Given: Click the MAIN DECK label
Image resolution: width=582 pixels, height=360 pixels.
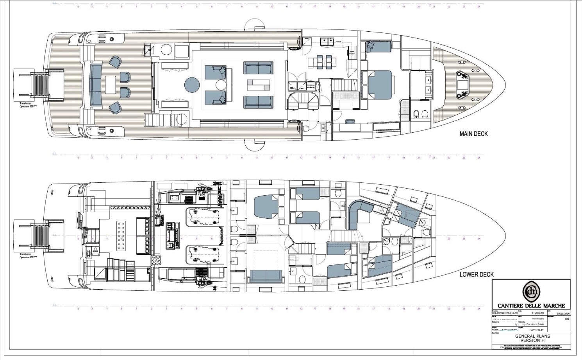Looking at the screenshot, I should coord(473,134).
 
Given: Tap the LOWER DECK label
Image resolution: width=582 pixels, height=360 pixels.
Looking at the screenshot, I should coord(476,274).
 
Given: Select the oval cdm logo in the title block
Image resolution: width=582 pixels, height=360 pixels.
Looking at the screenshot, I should coord(531,292).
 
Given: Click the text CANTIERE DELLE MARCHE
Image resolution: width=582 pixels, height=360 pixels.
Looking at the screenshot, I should coord(531,306).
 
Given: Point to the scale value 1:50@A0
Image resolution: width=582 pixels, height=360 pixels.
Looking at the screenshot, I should coord(537,313).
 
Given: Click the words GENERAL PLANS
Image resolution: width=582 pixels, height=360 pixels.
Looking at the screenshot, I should coord(532,336).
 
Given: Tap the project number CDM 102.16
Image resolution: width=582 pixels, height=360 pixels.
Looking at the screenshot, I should coord(532,329).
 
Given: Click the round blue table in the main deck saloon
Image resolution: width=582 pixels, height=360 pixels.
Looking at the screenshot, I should coord(192,85).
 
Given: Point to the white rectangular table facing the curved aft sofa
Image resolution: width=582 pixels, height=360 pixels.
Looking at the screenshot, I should coord(111,85).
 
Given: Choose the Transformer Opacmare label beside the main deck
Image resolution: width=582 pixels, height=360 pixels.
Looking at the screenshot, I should coord(28,105).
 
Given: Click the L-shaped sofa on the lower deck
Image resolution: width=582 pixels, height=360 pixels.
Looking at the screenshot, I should coord(357,213).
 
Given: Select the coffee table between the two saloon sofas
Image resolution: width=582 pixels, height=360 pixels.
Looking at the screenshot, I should coord(258,85).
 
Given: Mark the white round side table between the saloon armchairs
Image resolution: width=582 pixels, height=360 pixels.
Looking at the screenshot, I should coord(221,85).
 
